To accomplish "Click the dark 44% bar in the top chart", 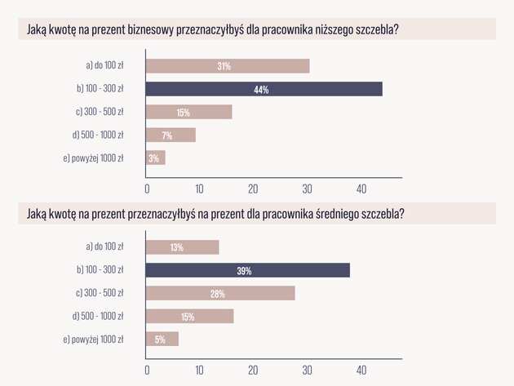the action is [264, 89].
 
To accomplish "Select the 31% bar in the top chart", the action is [228, 66].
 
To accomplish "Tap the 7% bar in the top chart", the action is [171, 135].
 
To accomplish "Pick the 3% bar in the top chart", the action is [156, 158].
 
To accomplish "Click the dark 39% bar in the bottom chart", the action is [248, 270].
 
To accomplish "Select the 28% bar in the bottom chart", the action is [220, 293].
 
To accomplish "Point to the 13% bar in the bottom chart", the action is [183, 247].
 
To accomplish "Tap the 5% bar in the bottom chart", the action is [162, 339].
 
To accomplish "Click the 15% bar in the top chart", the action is [188, 112].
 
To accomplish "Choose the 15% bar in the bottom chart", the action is [190, 316].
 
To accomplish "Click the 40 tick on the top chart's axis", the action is [361, 189].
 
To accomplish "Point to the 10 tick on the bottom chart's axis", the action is [199, 370].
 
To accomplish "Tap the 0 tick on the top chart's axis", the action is [147, 189].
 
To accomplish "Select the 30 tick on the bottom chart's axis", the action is [307, 370].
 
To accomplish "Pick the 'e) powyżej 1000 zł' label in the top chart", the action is [94, 158].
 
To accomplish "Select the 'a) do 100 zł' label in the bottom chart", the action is [105, 246].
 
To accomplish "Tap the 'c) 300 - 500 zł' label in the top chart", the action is [100, 112].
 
